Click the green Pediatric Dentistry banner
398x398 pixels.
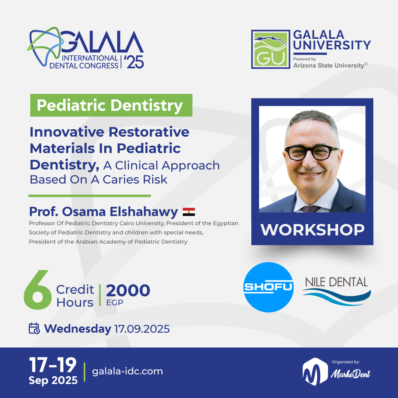(x=111, y=105)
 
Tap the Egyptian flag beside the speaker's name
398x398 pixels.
(x=189, y=212)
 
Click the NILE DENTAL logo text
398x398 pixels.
(x=336, y=283)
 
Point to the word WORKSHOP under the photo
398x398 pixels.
(x=312, y=230)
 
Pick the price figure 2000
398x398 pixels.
(x=128, y=290)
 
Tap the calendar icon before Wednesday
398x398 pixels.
(x=34, y=328)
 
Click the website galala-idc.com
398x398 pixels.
(x=127, y=371)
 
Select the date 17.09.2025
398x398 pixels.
(x=142, y=329)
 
